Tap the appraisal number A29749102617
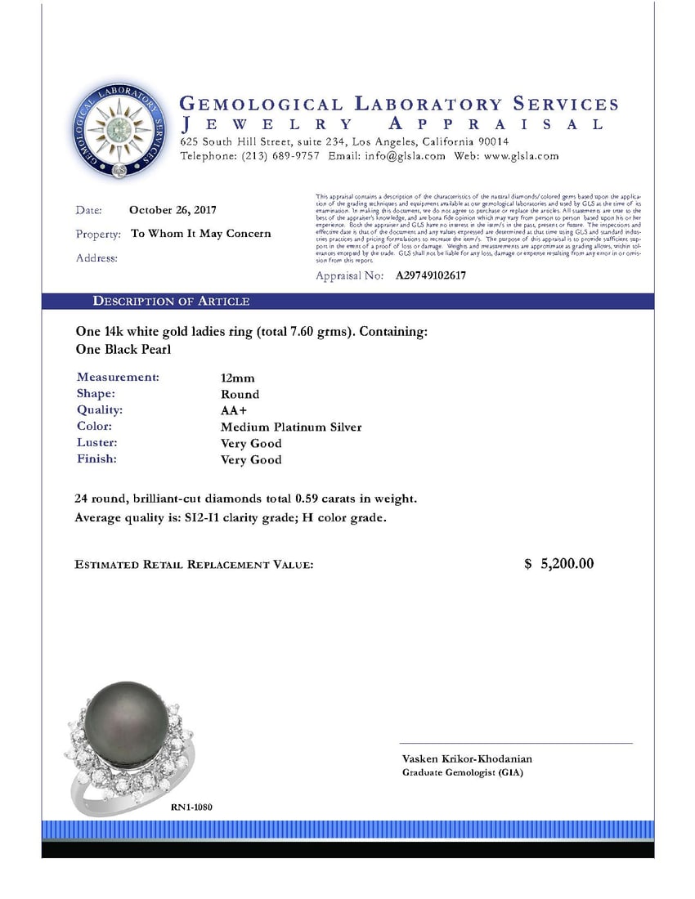pyautogui.click(x=431, y=276)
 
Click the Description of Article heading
pyautogui.click(x=171, y=302)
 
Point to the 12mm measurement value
pyautogui.click(x=237, y=378)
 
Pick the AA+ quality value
pyautogui.click(x=235, y=410)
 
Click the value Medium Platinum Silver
pyautogui.click(x=291, y=427)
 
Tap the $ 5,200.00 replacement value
pyautogui.click(x=559, y=564)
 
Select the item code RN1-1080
pyautogui.click(x=192, y=807)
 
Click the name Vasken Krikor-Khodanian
pyautogui.click(x=467, y=759)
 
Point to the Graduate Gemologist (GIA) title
pyautogui.click(x=463, y=773)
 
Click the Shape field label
pyautogui.click(x=96, y=394)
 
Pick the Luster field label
pyautogui.click(x=96, y=443)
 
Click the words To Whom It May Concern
pyautogui.click(x=201, y=234)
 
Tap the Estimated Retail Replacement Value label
pyautogui.click(x=194, y=565)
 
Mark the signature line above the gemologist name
pyautogui.click(x=516, y=744)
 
